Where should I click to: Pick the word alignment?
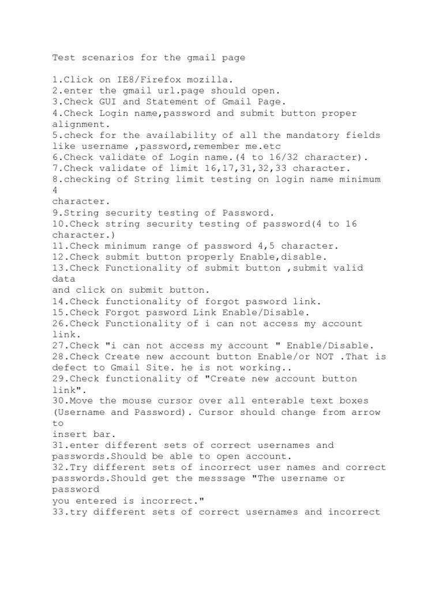[x=78, y=124]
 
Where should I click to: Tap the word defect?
[x=69, y=367]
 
